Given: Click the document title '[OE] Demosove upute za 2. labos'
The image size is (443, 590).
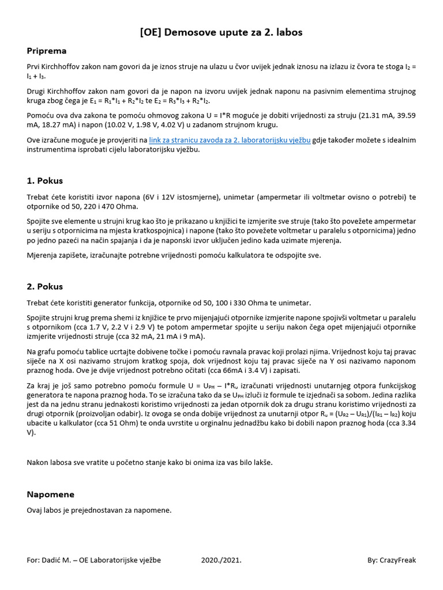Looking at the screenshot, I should click(221, 32).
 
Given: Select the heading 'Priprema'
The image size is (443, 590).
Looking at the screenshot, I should click(47, 51).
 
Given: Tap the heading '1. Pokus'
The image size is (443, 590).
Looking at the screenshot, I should click(44, 180).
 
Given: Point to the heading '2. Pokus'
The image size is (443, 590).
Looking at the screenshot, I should click(44, 286).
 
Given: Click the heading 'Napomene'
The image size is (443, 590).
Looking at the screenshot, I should click(50, 494).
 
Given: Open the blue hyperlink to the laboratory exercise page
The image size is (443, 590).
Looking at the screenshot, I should click(230, 140).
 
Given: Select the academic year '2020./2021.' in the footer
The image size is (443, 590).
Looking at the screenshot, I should click(221, 560).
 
